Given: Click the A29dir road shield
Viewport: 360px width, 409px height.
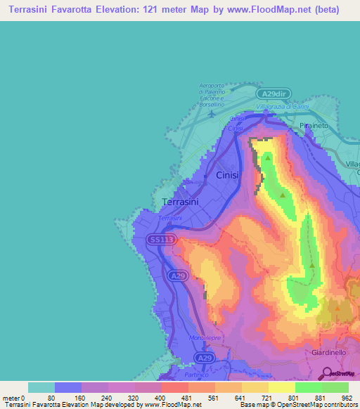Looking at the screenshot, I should pos(276,93).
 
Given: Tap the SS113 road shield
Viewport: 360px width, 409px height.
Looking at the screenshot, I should pos(160,240).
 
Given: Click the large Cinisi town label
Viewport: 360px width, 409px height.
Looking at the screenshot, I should pos(231,175).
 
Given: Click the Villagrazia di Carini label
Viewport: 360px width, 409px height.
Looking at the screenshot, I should pos(283,106).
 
